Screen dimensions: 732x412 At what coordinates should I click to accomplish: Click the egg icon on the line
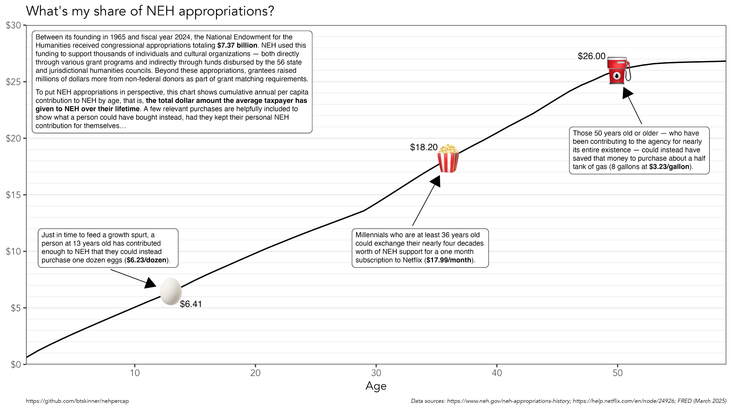click(171, 292)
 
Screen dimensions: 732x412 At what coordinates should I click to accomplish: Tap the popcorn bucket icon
click(448, 158)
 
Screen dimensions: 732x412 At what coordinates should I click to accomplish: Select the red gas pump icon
click(619, 70)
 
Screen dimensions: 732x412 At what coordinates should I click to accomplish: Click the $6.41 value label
click(191, 304)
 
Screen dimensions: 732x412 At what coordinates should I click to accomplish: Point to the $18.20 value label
click(424, 147)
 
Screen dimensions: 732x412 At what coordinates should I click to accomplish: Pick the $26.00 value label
click(591, 56)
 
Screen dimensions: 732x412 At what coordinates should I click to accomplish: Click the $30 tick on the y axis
click(14, 25)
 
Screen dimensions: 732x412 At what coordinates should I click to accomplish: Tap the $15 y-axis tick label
click(14, 195)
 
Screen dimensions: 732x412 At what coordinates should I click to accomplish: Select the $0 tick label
click(16, 364)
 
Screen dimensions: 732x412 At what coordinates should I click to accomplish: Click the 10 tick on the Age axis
click(135, 373)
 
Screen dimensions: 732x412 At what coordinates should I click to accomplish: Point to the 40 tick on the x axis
click(497, 373)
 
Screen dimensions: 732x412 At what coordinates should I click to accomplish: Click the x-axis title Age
click(376, 386)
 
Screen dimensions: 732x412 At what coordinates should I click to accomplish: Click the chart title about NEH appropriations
click(150, 11)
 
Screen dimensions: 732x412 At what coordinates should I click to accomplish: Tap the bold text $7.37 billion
click(237, 45)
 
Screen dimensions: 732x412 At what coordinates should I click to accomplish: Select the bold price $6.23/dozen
click(146, 260)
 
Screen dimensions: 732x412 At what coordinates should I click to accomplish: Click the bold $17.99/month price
click(449, 260)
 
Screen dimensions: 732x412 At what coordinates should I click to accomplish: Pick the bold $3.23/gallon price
click(669, 167)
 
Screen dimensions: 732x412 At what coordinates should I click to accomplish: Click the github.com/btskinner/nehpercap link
click(77, 401)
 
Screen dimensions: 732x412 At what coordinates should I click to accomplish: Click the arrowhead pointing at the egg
click(150, 283)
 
